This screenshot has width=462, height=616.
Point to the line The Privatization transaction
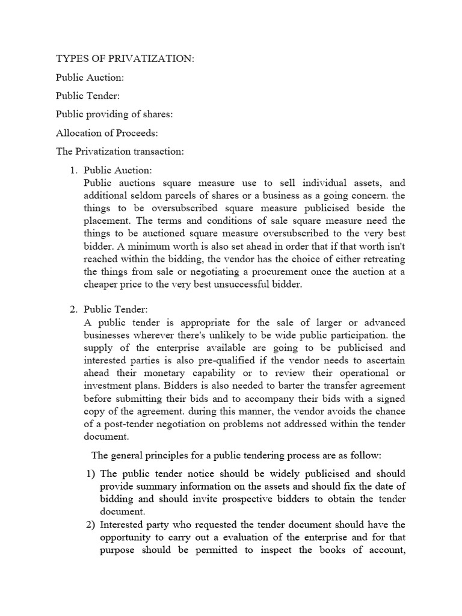point(120,152)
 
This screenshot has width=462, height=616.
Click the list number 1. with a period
point(75,171)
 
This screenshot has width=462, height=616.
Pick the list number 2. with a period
point(75,310)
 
